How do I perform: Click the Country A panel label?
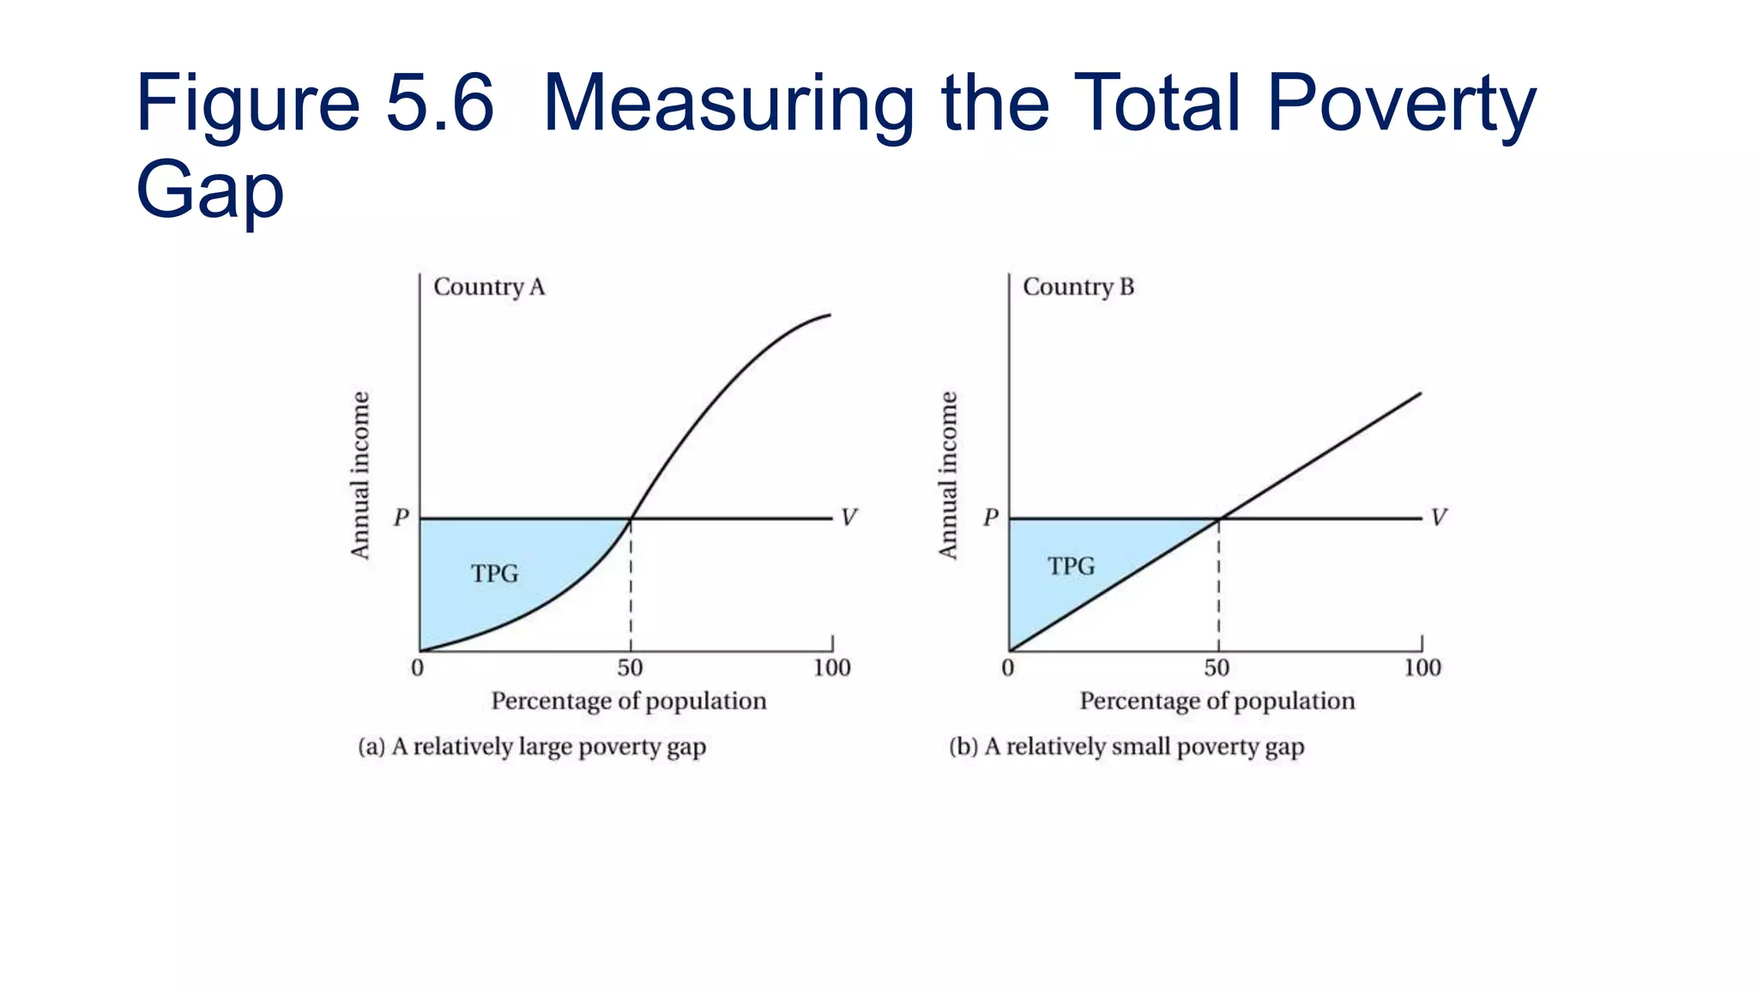click(x=489, y=286)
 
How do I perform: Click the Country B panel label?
click(x=1078, y=286)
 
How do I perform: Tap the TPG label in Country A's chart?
click(x=495, y=573)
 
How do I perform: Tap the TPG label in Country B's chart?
click(x=1072, y=566)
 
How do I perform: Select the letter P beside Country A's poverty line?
click(x=402, y=517)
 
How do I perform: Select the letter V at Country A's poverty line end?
click(x=848, y=517)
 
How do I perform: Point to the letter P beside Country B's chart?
click(x=991, y=517)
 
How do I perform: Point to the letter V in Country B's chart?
click(x=1439, y=517)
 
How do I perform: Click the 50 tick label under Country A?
click(x=630, y=668)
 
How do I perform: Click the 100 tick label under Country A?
click(x=831, y=668)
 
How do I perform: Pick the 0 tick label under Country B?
click(x=1008, y=668)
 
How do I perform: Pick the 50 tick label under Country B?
click(x=1217, y=668)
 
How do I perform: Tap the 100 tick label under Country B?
click(x=1422, y=668)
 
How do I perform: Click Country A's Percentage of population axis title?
click(x=628, y=702)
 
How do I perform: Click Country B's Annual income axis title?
click(x=948, y=475)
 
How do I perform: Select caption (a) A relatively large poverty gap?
click(x=532, y=747)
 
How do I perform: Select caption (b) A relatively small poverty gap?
click(x=1126, y=747)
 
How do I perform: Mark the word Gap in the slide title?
click(x=209, y=190)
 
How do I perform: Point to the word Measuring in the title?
click(x=728, y=105)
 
